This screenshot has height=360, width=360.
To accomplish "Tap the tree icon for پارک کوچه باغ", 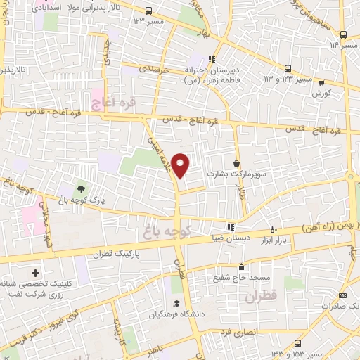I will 81,189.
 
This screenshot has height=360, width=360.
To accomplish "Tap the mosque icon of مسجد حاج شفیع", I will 241,266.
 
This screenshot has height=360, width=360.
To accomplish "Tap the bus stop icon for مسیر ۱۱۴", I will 342,34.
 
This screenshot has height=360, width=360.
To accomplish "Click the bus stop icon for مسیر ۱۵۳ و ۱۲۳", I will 298,343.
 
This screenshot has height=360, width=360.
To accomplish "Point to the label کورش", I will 322,92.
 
